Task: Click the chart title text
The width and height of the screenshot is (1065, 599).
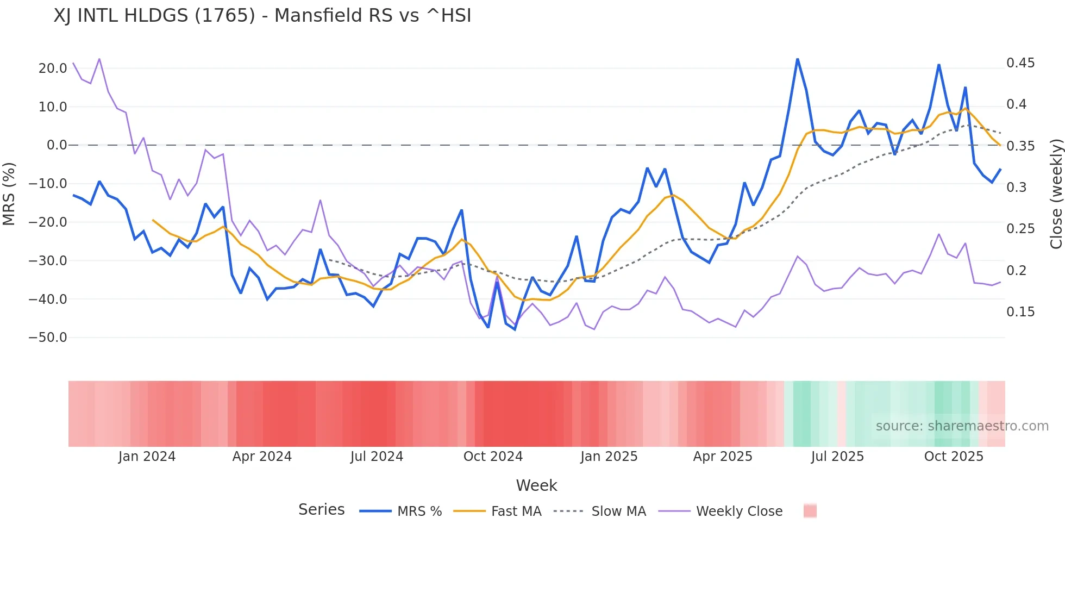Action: (262, 15)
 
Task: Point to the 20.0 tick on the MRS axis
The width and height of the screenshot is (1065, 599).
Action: (53, 68)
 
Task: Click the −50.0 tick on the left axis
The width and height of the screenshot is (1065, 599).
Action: (48, 338)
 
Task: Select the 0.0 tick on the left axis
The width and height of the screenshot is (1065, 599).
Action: (57, 145)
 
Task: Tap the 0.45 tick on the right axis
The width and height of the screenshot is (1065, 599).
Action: (1020, 63)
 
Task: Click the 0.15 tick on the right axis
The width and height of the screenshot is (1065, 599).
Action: (1020, 312)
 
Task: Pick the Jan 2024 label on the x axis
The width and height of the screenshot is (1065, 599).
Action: (147, 457)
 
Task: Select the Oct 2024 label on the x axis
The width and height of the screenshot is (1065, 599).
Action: (493, 457)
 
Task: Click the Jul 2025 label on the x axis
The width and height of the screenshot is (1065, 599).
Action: (837, 457)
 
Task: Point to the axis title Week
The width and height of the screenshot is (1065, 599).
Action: (536, 485)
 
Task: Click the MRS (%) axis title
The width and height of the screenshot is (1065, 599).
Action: (9, 194)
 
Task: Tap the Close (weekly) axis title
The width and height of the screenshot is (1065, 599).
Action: (1056, 194)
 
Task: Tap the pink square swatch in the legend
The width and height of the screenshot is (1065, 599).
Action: (810, 511)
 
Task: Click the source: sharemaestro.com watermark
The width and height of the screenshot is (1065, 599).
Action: (962, 426)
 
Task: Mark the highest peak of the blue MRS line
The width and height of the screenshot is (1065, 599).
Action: (797, 59)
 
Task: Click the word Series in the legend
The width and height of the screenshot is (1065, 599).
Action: (321, 510)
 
